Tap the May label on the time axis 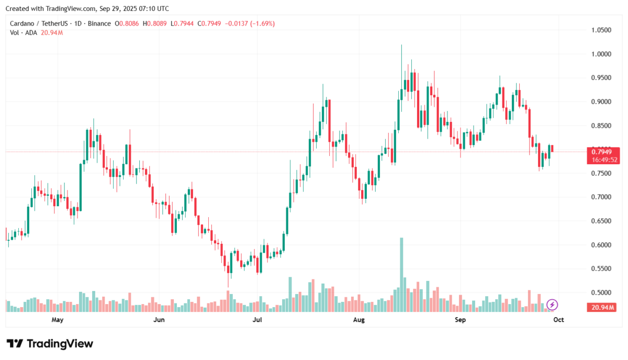(57, 319)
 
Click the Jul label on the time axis (257, 319)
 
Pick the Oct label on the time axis (559, 319)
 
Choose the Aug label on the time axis (358, 319)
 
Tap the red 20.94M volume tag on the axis (602, 307)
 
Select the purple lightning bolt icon (552, 305)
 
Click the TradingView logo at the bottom (50, 344)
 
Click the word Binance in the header (100, 24)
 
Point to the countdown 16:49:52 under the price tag (602, 160)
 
